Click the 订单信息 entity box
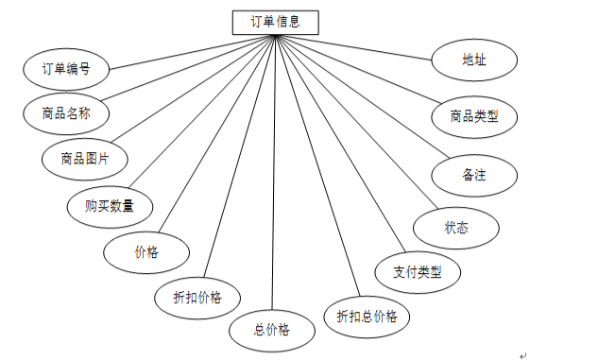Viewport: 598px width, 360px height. (x=275, y=23)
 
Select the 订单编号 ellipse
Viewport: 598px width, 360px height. (x=66, y=69)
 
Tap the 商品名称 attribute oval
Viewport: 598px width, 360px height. (x=66, y=113)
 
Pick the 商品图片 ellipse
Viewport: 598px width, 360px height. (x=85, y=159)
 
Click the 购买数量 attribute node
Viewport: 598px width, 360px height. (x=110, y=207)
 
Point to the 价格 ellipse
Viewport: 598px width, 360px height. (x=146, y=252)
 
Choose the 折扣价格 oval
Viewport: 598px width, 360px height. (x=197, y=298)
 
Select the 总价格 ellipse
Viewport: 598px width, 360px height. (x=272, y=331)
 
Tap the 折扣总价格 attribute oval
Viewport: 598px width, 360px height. (x=367, y=317)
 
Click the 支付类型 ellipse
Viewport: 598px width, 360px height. (x=418, y=272)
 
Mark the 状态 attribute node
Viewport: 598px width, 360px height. (x=456, y=228)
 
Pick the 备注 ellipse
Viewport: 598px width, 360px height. (x=474, y=176)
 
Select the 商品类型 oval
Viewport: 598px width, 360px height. (x=474, y=117)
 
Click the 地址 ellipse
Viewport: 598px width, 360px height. (x=474, y=60)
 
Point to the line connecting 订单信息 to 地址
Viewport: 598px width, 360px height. (x=353, y=47)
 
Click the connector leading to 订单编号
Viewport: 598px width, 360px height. (x=192, y=52)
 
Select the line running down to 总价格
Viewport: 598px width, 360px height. (x=273, y=172)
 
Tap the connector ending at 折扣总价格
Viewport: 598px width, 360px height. (x=317, y=166)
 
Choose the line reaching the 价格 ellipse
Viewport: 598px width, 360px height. (x=216, y=133)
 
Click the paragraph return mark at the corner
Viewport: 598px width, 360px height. (x=522, y=356)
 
